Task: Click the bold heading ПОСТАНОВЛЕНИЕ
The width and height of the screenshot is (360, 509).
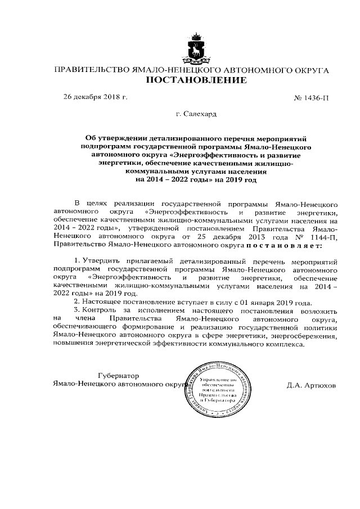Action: pyautogui.click(x=196, y=80)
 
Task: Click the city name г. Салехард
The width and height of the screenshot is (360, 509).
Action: pyautogui.click(x=196, y=114)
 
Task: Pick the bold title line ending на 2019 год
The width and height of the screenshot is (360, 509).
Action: pyautogui.click(x=196, y=180)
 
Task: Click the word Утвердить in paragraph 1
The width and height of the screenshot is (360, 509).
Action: pyautogui.click(x=101, y=262)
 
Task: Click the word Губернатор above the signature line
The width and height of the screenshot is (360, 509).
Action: pyautogui.click(x=118, y=375)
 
